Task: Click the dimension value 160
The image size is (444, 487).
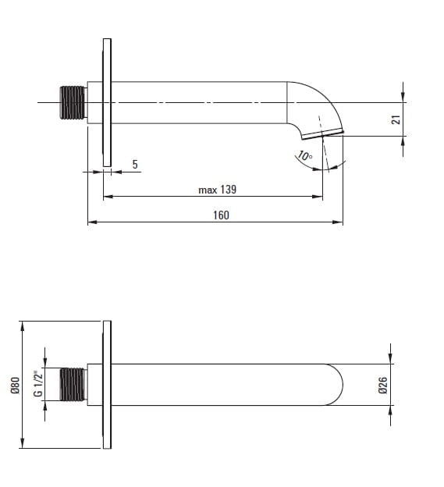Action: (221, 215)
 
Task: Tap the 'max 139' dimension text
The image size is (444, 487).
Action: (218, 190)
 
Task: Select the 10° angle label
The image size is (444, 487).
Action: (304, 155)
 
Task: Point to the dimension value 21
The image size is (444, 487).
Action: (396, 119)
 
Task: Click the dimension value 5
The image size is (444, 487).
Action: (135, 165)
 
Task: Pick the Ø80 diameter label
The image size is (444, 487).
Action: (15, 385)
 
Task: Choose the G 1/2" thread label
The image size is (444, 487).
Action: (38, 383)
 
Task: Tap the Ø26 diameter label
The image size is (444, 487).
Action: (383, 385)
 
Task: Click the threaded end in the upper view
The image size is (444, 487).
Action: (73, 102)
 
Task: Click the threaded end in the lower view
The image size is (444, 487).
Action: (73, 385)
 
